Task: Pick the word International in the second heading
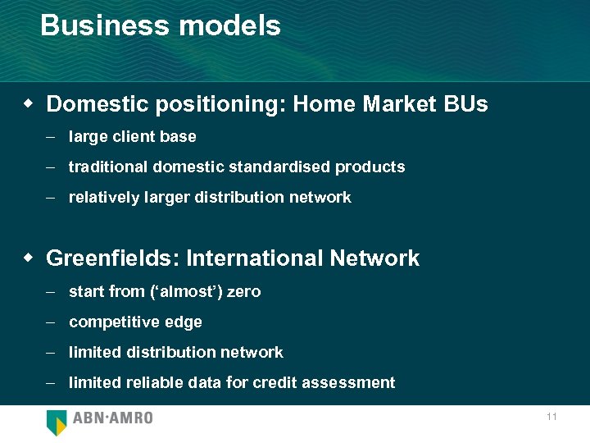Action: pos(255,258)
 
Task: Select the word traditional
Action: pos(105,167)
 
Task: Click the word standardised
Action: pos(285,167)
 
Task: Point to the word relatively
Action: pos(103,198)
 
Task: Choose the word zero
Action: pos(243,291)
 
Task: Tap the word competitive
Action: pos(107,322)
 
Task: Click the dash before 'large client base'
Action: pos(50,136)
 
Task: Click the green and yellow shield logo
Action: pos(57,422)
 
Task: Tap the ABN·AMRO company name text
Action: pos(112,418)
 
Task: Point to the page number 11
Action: pos(551,417)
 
